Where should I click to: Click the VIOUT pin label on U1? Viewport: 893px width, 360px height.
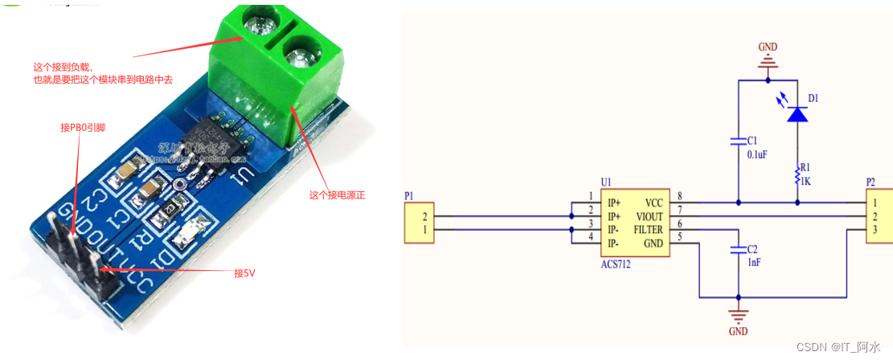[x=649, y=216]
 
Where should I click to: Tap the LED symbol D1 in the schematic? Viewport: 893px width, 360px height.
[x=797, y=115]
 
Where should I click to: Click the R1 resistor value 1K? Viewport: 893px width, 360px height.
[x=805, y=182]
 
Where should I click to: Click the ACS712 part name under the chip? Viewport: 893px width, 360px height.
[x=615, y=264]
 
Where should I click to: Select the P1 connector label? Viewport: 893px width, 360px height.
[x=410, y=196]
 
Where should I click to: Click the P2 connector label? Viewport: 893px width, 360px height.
[x=871, y=182]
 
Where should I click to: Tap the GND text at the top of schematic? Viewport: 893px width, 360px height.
[x=768, y=47]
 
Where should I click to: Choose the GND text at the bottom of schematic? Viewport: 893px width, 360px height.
[x=738, y=331]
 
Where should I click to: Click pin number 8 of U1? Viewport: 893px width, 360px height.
[x=679, y=196]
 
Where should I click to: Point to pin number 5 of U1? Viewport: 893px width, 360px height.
[x=679, y=237]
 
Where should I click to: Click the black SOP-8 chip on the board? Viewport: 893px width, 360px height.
[x=205, y=137]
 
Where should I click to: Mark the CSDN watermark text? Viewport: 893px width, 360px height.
[x=839, y=346]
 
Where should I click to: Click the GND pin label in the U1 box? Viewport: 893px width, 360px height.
[x=653, y=243]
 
